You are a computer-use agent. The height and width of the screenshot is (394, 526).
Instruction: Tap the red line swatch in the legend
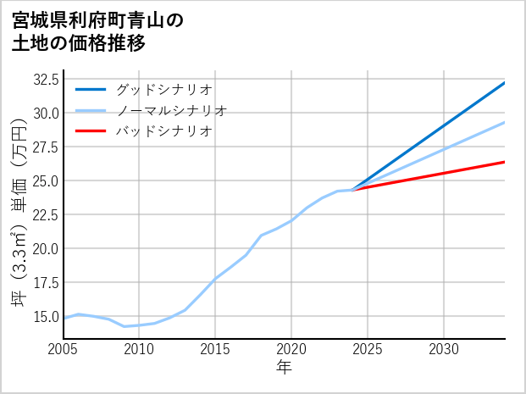click(91, 131)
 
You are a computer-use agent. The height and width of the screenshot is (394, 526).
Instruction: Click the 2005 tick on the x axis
click(64, 349)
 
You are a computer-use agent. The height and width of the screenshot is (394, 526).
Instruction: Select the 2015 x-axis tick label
click(215, 349)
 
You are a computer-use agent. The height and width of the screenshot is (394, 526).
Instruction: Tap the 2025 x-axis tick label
click(368, 349)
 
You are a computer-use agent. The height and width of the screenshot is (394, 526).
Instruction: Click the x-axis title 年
click(284, 368)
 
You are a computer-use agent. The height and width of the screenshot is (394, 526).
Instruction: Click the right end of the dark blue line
click(505, 82)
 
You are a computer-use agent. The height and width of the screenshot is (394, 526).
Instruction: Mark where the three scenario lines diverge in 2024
click(352, 190)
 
